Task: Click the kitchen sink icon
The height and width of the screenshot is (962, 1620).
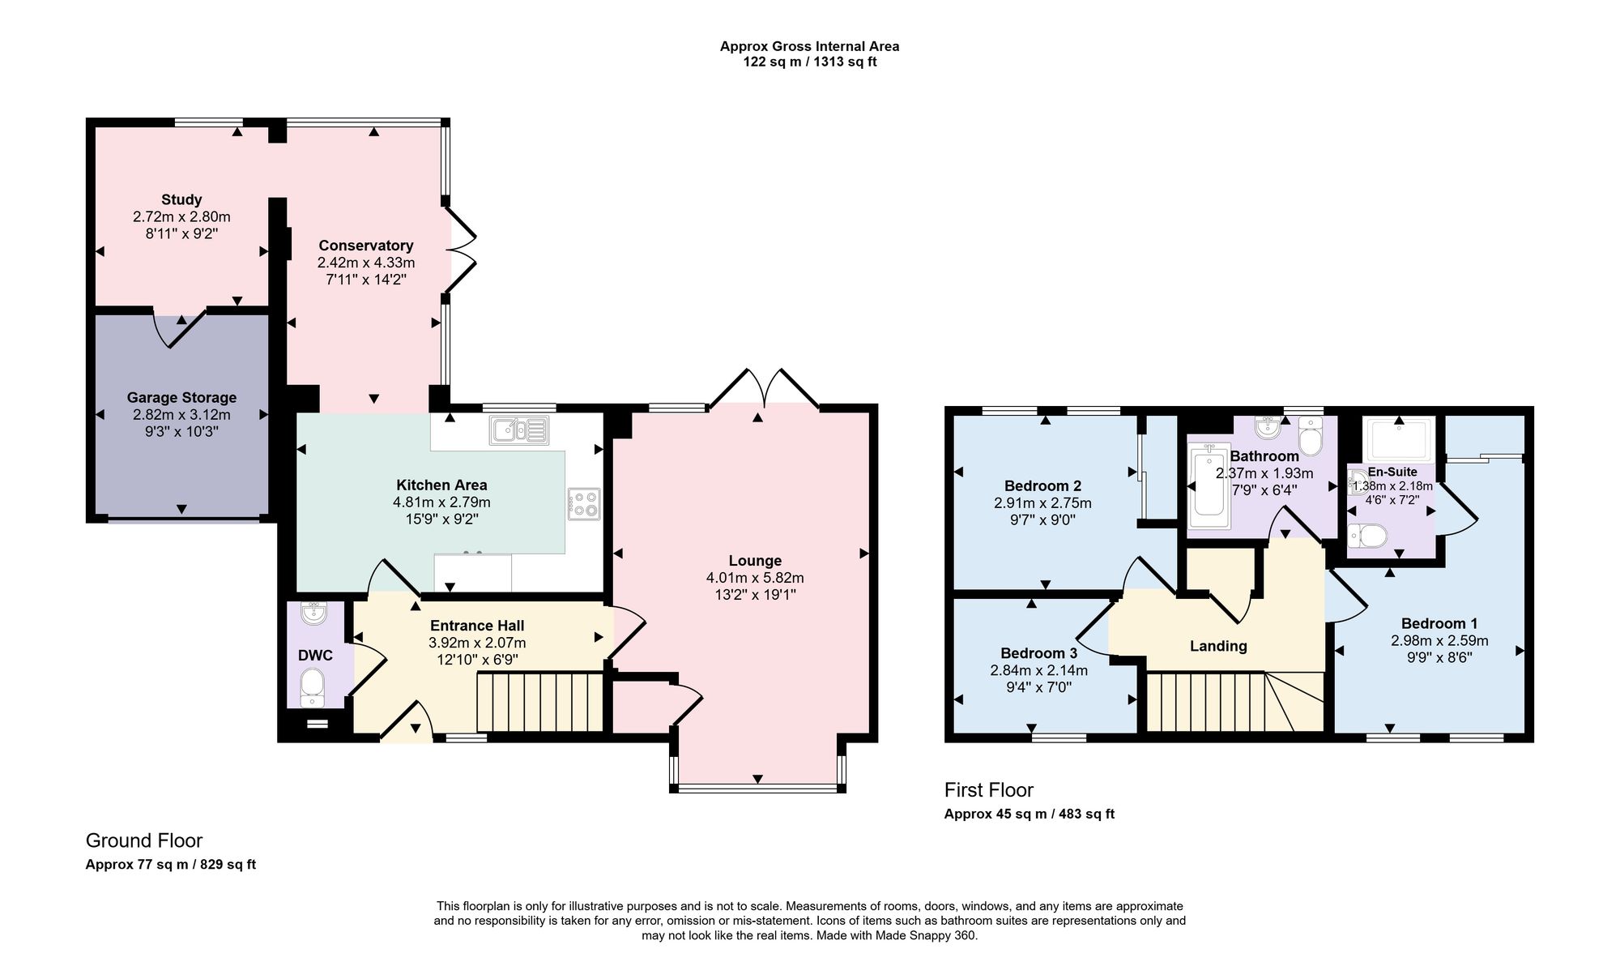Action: click(519, 430)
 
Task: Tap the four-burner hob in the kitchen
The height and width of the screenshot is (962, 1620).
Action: click(584, 503)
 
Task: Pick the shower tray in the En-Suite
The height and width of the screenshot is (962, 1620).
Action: click(1399, 438)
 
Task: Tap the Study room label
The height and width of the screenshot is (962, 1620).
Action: click(181, 199)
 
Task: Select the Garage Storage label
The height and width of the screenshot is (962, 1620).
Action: click(181, 397)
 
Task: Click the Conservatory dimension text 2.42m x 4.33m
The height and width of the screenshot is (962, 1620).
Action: click(366, 263)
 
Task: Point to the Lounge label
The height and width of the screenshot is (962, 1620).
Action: click(755, 560)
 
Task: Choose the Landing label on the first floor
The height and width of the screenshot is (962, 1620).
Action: click(1218, 646)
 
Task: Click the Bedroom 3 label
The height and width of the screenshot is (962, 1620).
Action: click(1038, 653)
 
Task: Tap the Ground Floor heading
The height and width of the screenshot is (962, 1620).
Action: click(144, 840)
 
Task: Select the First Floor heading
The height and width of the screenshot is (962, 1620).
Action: click(989, 789)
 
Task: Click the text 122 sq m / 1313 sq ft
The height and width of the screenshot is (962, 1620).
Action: click(810, 62)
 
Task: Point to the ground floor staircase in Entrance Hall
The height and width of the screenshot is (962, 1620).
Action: click(540, 702)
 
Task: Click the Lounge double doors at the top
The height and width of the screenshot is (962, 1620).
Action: click(765, 388)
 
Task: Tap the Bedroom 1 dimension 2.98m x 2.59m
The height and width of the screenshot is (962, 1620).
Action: click(1439, 640)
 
